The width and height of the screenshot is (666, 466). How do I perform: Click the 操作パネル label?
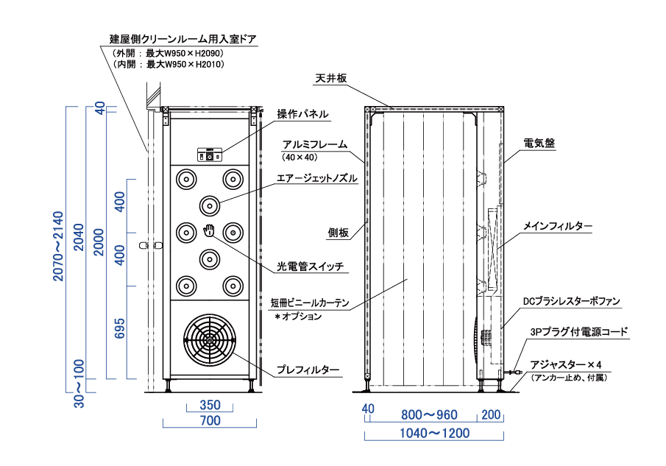tap(302, 114)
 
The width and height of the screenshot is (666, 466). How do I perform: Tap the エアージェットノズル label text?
tap(316, 178)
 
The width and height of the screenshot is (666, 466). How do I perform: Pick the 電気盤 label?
tap(539, 144)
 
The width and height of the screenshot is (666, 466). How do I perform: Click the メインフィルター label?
tap(558, 226)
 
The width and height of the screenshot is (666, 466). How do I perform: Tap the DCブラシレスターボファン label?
tap(571, 301)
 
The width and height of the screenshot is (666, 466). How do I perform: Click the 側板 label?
tap(338, 233)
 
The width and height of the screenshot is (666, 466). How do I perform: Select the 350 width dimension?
tap(210, 406)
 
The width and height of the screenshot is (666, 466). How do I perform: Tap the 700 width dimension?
tap(210, 422)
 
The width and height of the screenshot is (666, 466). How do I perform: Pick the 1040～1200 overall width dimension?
tap(434, 434)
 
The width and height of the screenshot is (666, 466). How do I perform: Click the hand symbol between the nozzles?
tap(210, 230)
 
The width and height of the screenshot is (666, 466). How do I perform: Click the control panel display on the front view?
tap(209, 155)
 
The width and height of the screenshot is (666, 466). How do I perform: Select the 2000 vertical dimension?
tap(99, 243)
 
